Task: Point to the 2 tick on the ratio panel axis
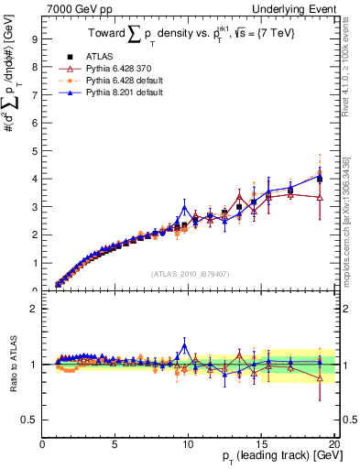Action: pos(35,309)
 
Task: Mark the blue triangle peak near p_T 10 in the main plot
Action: pos(185,207)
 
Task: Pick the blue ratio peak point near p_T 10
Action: pos(185,345)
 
